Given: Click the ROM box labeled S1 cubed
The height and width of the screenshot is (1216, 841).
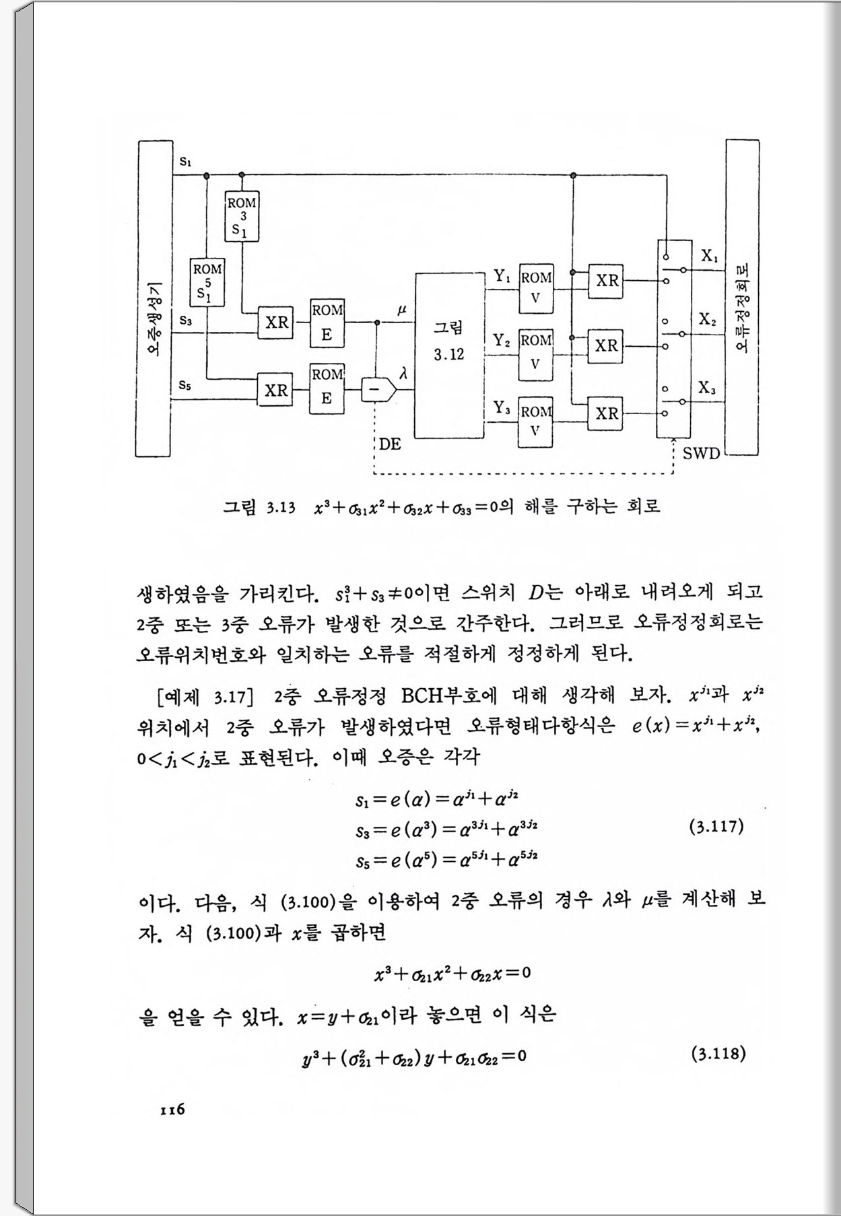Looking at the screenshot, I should (x=242, y=216).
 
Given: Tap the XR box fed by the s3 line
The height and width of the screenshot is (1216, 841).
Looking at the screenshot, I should (x=276, y=323).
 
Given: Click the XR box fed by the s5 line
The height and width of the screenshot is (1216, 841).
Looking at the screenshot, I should (x=276, y=391).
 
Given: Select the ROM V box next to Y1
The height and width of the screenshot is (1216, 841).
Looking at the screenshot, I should (x=536, y=288).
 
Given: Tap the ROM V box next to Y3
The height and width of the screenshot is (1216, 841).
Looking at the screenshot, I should (x=536, y=422).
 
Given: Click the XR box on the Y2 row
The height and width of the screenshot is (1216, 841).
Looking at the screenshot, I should (x=606, y=346).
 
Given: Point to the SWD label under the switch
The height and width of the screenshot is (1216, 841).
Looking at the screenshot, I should (x=701, y=453).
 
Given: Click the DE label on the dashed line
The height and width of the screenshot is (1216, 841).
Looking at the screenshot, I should (x=390, y=444).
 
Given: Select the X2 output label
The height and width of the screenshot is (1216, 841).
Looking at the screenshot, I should (x=707, y=319).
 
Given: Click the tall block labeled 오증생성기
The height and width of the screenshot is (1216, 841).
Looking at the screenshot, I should (x=154, y=298).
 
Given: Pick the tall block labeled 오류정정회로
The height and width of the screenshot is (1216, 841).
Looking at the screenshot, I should (x=742, y=298).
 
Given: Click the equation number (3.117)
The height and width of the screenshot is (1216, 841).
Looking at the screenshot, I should (x=716, y=826).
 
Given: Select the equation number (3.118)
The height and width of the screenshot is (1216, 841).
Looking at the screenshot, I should (x=718, y=1054).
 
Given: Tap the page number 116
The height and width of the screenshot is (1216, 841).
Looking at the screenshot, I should (x=172, y=1110).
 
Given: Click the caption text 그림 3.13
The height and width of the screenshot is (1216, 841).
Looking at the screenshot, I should (x=259, y=507).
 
